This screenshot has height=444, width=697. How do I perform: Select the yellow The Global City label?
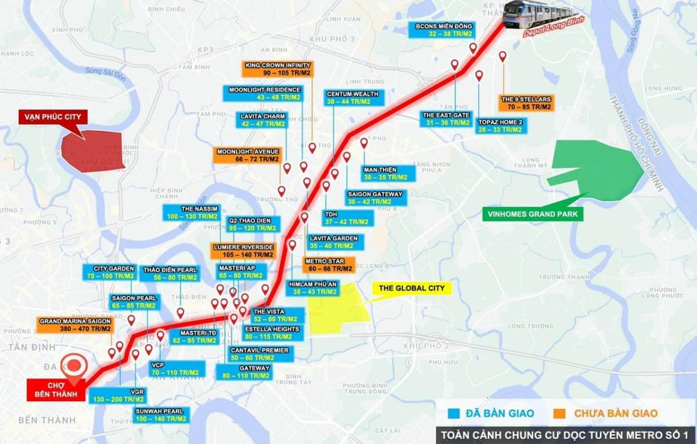point(411,288)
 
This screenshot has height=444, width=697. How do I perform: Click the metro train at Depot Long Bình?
point(540,15)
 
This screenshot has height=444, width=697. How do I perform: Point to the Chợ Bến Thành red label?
point(56,390)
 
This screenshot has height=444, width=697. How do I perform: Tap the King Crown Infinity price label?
point(278,69)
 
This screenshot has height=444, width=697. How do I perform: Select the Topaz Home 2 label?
point(500,126)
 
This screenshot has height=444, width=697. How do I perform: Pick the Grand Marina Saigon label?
point(76,324)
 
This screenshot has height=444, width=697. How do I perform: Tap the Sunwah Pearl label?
point(161,414)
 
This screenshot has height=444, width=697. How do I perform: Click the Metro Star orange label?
point(329,265)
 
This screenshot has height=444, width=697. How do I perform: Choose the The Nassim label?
point(191,212)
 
